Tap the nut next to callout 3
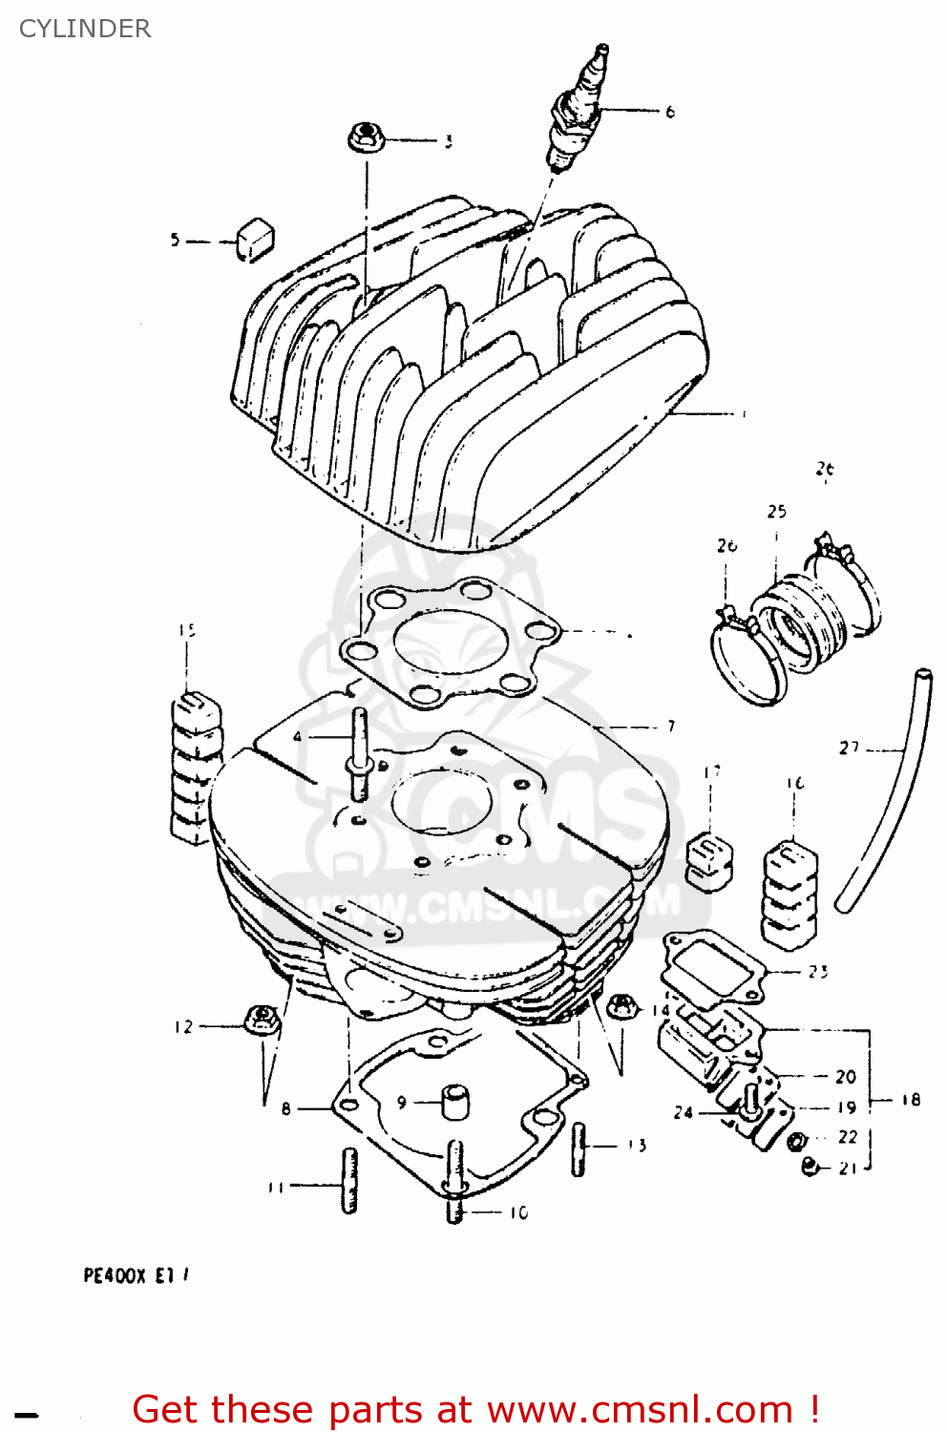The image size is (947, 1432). click(x=365, y=137)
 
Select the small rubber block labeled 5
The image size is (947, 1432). click(x=255, y=239)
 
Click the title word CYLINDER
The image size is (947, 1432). click(x=85, y=29)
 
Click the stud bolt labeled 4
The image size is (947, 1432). click(x=361, y=754)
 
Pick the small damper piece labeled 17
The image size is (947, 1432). click(x=709, y=859)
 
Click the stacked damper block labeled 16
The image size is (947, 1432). click(x=790, y=894)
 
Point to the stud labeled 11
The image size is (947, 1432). click(x=349, y=1180)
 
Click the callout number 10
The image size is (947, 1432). click(x=518, y=1212)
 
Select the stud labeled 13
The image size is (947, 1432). click(x=579, y=1148)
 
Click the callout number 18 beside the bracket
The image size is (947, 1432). click(x=911, y=1100)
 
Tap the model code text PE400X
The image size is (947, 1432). click(x=115, y=1275)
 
